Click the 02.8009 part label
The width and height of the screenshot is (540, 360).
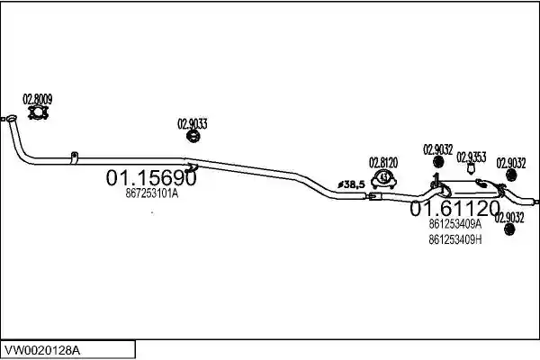click(38, 99)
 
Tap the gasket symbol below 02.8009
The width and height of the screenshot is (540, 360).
click(38, 112)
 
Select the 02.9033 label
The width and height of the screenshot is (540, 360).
click(193, 123)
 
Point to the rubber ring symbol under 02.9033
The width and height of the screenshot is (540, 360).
click(193, 136)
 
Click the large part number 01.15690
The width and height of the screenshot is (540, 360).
click(151, 178)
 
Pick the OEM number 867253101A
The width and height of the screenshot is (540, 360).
click(152, 193)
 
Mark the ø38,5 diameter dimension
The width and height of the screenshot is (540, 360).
click(351, 184)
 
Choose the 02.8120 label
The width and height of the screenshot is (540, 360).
click(383, 163)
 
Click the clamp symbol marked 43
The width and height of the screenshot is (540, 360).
click(383, 179)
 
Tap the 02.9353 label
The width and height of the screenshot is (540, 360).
click(471, 157)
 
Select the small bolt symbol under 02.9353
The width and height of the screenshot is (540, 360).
click(471, 169)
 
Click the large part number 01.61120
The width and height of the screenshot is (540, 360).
click(454, 208)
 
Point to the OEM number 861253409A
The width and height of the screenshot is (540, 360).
click(454, 224)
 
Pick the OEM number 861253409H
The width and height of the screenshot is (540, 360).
click(454, 239)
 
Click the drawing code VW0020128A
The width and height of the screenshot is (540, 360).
click(42, 351)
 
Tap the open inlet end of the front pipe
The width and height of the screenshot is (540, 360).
click(12, 119)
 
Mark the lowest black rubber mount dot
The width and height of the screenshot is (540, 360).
click(509, 229)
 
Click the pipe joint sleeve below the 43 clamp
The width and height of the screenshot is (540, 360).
click(375, 197)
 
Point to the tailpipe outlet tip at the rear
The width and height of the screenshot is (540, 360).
click(535, 202)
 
